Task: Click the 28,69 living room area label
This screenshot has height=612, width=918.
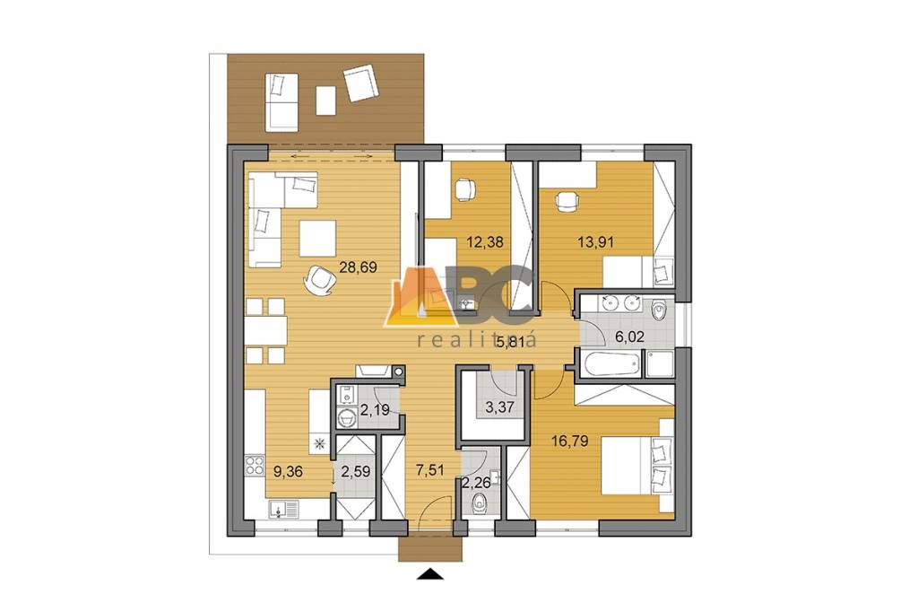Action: coord(358,268)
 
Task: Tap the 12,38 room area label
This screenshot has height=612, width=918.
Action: coord(485,240)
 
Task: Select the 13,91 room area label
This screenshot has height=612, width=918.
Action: coord(596,240)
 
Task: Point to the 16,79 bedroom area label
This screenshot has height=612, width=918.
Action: coord(570,440)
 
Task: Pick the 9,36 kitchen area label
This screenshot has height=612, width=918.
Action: coord(288,471)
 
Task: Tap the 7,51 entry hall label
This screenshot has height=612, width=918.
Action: coord(430,469)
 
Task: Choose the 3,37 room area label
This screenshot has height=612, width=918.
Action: coord(499,407)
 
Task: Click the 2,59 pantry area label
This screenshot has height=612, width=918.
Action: coord(356,471)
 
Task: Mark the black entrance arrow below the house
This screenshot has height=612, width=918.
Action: coord(429,574)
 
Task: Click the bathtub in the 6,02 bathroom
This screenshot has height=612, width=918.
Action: coord(610,364)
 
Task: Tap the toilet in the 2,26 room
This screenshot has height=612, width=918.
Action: coord(481,503)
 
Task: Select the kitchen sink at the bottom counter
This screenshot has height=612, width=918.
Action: coord(284,510)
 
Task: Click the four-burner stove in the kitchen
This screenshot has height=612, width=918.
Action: coord(255,466)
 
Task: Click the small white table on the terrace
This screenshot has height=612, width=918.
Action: coord(326,101)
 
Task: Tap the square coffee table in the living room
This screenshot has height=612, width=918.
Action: coord(318,239)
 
